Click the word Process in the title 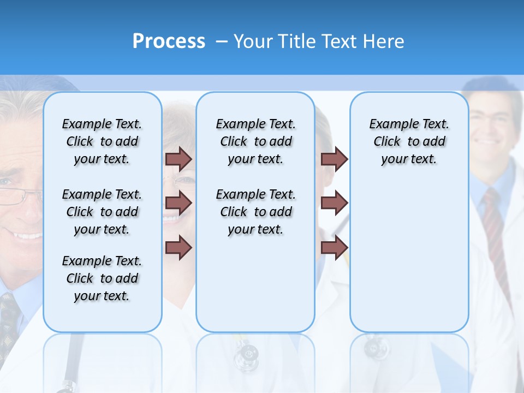point(169,41)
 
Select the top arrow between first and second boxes point(178,159)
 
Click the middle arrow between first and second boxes point(178,203)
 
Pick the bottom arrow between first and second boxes point(178,247)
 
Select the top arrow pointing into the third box point(334,159)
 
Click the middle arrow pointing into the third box point(334,203)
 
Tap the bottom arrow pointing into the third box point(334,247)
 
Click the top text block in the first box point(102,141)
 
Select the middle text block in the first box point(102,212)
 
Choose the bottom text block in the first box point(102,278)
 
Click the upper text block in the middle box point(255,141)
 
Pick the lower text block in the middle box point(255,212)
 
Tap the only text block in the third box point(409,141)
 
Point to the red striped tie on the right point(495,229)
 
